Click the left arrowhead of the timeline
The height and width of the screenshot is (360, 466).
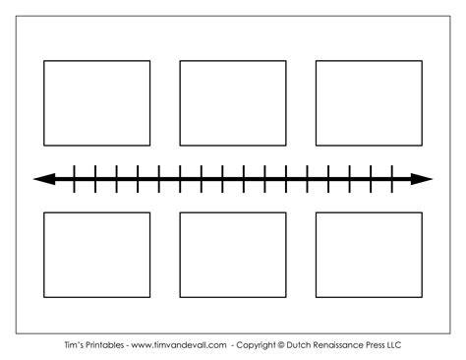44,179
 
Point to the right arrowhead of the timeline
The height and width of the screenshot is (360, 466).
422,179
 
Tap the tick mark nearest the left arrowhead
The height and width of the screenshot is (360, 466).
74,179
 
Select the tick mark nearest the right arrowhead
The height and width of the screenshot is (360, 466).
392,179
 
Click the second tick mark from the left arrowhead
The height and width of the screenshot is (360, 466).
95,179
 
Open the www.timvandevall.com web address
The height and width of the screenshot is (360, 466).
179,345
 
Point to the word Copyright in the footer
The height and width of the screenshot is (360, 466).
256,345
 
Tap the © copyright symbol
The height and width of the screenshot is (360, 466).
281,345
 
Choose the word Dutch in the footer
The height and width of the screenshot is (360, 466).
298,345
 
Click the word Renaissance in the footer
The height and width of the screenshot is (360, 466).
338,345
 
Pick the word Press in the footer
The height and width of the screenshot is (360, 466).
376,345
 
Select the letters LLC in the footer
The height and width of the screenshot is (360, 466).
394,345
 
